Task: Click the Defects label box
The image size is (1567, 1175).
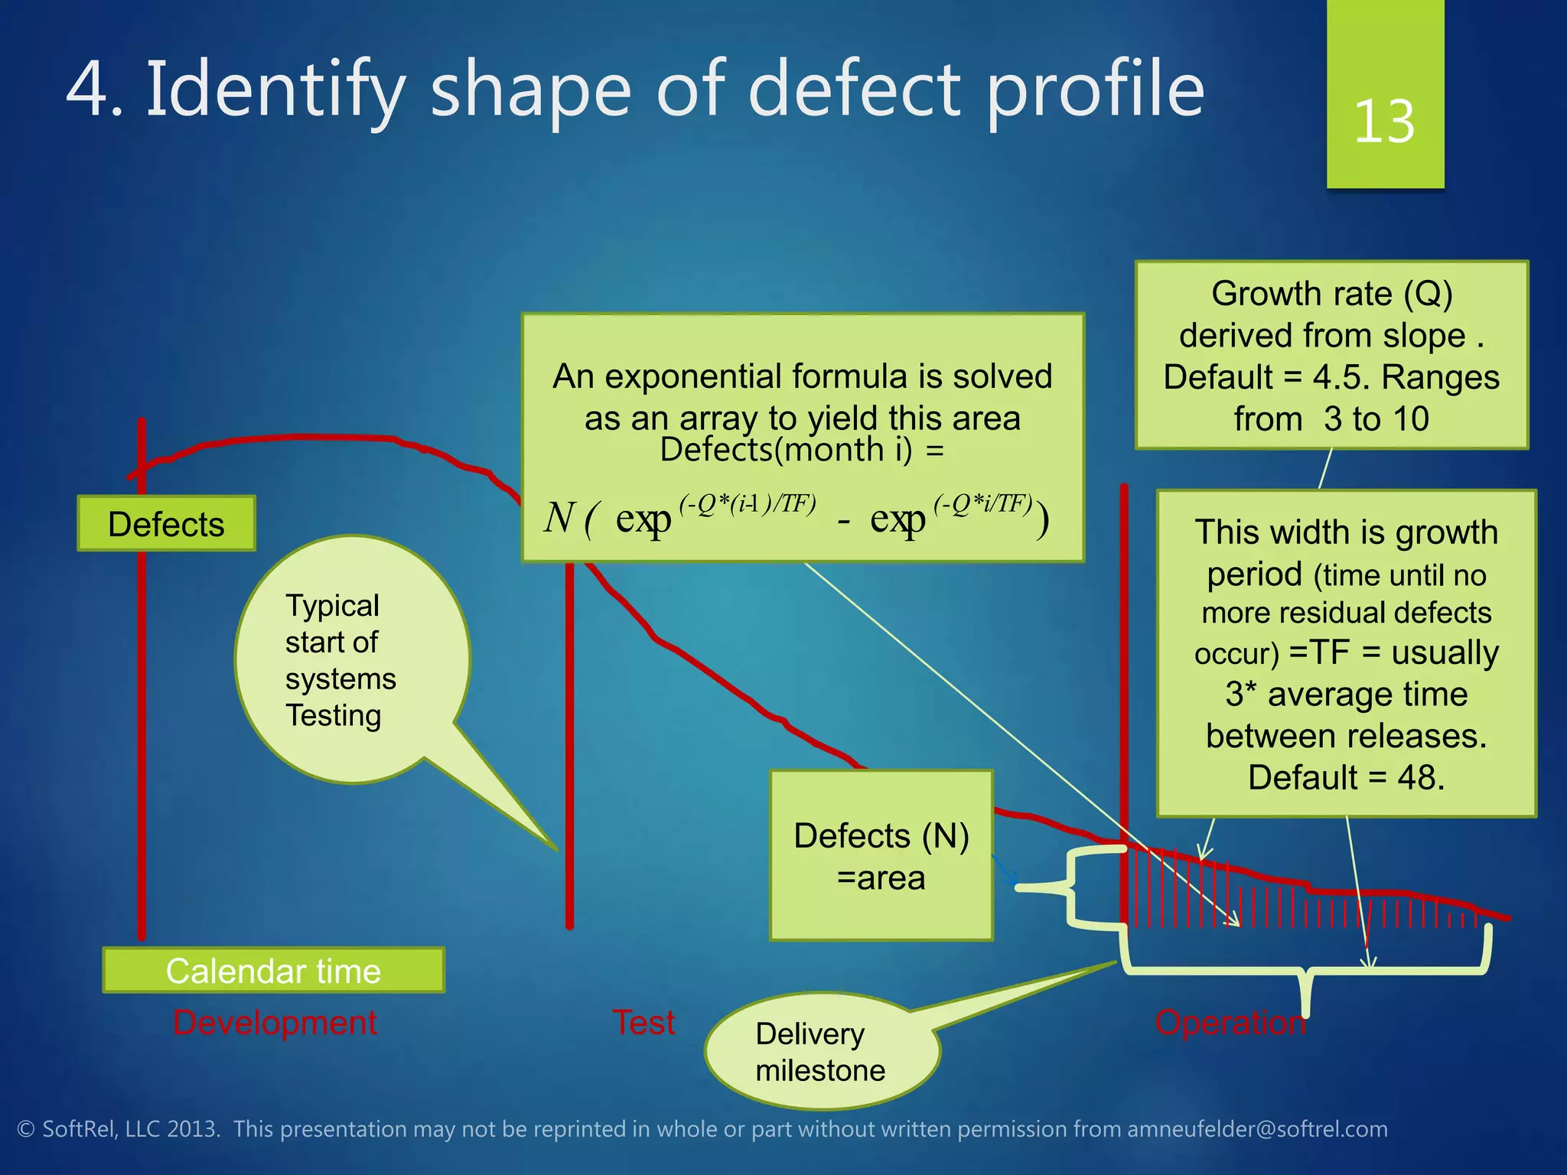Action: pyautogui.click(x=166, y=524)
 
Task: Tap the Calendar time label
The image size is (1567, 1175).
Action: pyautogui.click(x=273, y=971)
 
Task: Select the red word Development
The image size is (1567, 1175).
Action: pyautogui.click(x=275, y=1023)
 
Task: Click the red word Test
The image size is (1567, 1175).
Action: pyautogui.click(x=643, y=1023)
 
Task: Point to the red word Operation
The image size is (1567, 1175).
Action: pyautogui.click(x=1230, y=1023)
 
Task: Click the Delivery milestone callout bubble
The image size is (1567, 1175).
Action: pyautogui.click(x=820, y=1052)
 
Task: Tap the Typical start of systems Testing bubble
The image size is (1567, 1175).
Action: pyautogui.click(x=340, y=660)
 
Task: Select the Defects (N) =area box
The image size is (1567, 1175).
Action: pyautogui.click(x=881, y=856)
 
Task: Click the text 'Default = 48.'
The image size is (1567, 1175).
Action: pyautogui.click(x=1346, y=777)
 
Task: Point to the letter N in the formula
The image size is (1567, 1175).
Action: pyautogui.click(x=559, y=518)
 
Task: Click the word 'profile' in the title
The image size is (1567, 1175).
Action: pyautogui.click(x=1094, y=90)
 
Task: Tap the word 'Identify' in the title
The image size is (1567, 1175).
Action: pyautogui.click(x=275, y=90)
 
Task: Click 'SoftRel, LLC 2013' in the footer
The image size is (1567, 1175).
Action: pyautogui.click(x=130, y=1129)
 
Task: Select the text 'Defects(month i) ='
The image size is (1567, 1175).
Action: pyautogui.click(x=801, y=450)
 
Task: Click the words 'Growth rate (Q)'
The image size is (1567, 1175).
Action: pyautogui.click(x=1331, y=294)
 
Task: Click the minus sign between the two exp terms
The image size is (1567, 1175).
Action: pyautogui.click(x=844, y=522)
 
